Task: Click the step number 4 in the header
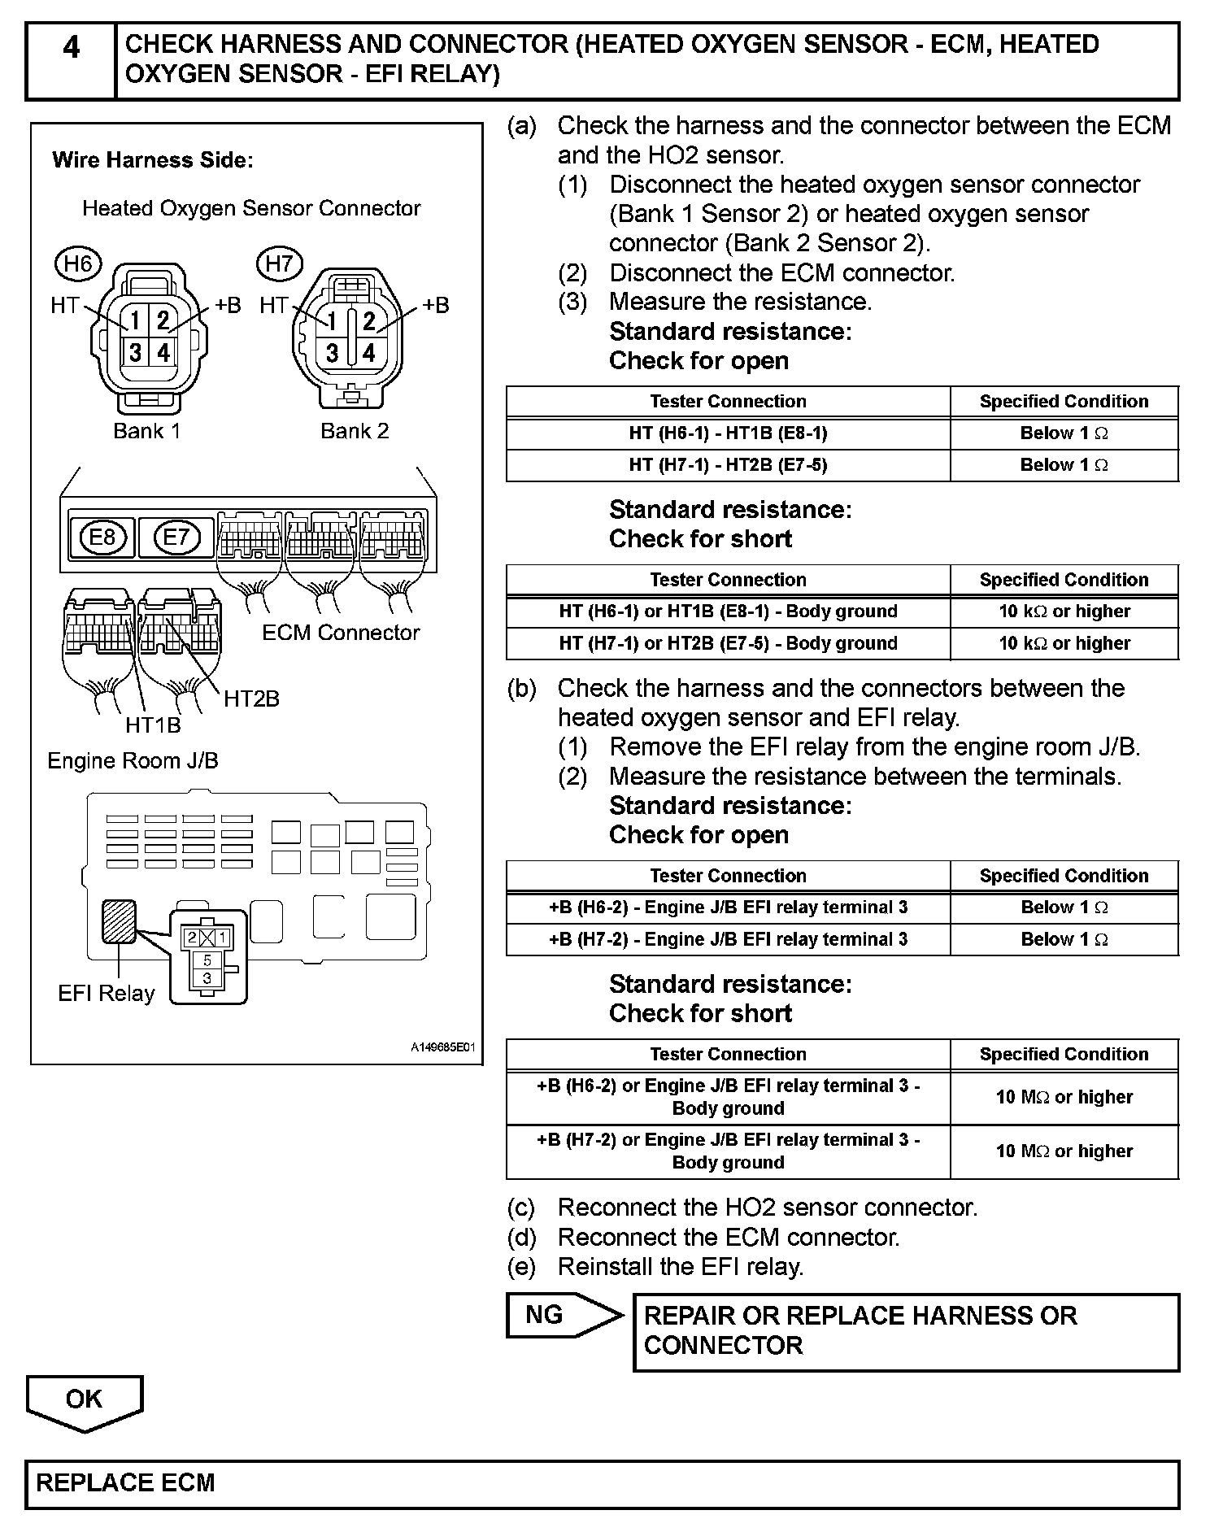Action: pos(71,48)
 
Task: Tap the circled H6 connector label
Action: pos(78,263)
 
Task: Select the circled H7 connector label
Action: pos(279,263)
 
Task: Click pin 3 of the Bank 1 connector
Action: pos(135,352)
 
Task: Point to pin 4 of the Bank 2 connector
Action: pos(369,352)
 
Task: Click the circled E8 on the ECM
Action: pos(102,537)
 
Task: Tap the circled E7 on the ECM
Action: pos(176,537)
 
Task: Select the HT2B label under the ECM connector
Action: pos(251,699)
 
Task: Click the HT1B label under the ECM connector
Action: pos(153,725)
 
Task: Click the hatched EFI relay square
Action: pos(119,921)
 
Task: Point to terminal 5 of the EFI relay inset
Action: pos(207,961)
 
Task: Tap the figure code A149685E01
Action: pos(442,1048)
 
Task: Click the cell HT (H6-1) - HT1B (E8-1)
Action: pos(728,433)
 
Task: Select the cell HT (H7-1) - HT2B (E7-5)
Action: pos(728,465)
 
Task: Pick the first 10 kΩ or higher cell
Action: pos(1064,611)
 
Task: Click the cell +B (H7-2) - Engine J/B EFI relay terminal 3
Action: pos(728,939)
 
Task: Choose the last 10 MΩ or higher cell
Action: pos(1064,1151)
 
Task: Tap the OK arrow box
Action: pos(85,1400)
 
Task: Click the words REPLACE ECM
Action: pos(125,1482)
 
